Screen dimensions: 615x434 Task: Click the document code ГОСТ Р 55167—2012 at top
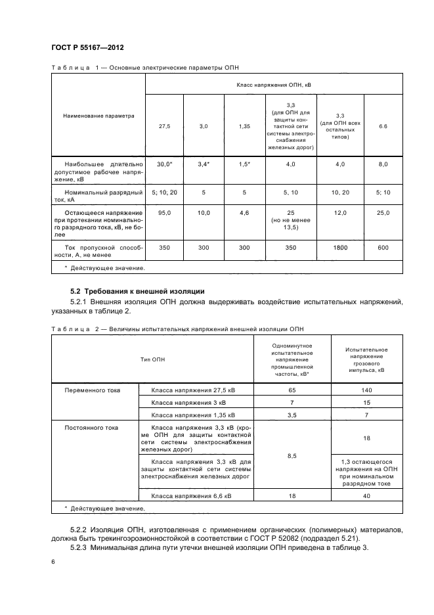[x=87, y=49]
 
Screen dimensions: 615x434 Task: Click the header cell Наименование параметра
[x=98, y=116]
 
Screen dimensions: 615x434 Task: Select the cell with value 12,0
[x=340, y=213]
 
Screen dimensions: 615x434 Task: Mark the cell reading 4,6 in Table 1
[x=244, y=213]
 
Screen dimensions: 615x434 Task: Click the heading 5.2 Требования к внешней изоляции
[x=138, y=290]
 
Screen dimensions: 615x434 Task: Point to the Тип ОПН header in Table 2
[x=152, y=359]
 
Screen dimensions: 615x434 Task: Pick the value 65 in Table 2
[x=292, y=390]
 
